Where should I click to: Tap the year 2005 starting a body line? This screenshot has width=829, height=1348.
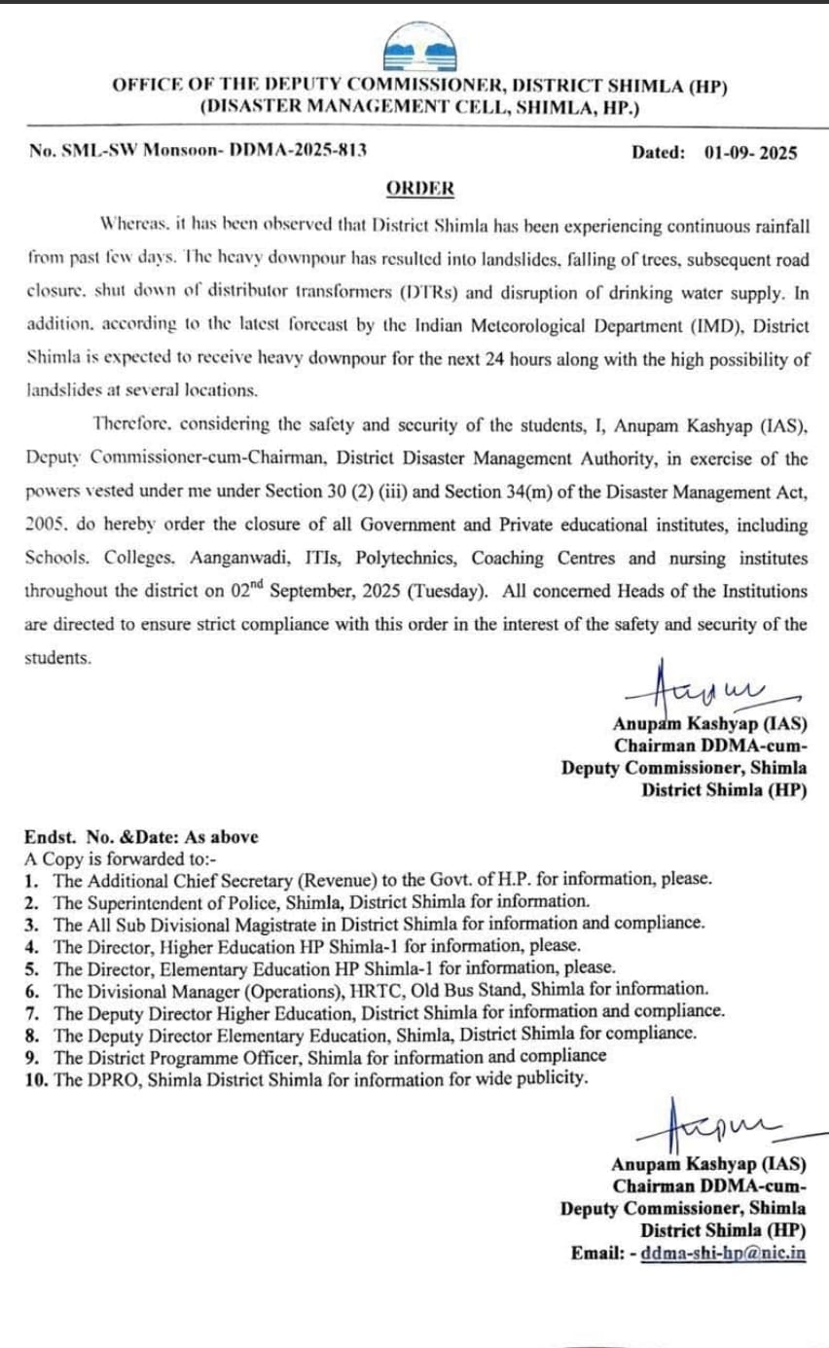pyautogui.click(x=44, y=526)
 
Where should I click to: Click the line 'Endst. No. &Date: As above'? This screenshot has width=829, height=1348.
pyautogui.click(x=141, y=836)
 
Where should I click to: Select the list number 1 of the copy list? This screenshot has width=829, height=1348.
pyautogui.click(x=32, y=879)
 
